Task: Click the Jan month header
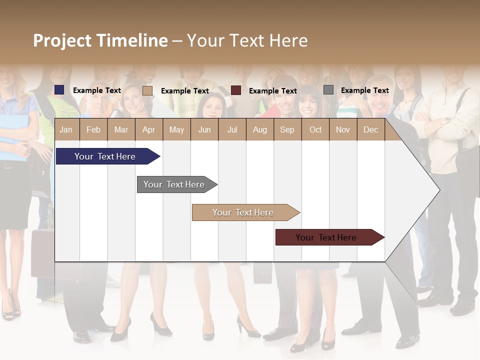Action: point(66,129)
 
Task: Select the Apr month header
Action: point(148,129)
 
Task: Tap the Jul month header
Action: point(232,129)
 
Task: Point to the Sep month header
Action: point(287,129)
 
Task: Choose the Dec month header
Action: point(370,129)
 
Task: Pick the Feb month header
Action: point(93,129)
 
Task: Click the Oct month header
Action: point(315,129)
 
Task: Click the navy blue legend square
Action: point(59,90)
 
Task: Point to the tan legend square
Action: point(147,90)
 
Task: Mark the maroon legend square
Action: point(236,90)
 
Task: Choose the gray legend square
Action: point(328,90)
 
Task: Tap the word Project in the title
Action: point(62,40)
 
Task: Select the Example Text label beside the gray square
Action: point(364,90)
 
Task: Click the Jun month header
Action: point(204,129)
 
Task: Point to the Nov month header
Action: point(342,129)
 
